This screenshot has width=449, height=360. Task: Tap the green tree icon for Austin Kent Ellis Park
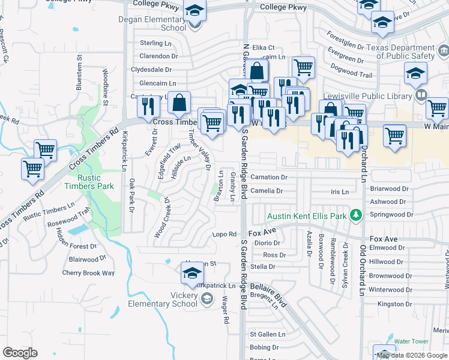[x=356, y=215]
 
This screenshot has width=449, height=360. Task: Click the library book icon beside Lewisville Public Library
[x=421, y=95]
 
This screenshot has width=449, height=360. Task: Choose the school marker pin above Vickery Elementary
[x=192, y=273]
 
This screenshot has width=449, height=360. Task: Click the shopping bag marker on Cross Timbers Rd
[x=179, y=104]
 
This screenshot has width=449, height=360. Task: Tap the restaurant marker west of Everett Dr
[x=148, y=106]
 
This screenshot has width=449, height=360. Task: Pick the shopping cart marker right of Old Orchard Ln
[x=394, y=136]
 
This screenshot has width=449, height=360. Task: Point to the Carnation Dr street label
[x=269, y=178]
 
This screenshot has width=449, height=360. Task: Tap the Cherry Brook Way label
[x=88, y=273]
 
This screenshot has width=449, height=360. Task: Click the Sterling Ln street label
[x=155, y=43]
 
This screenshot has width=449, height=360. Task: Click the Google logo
[x=20, y=353]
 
